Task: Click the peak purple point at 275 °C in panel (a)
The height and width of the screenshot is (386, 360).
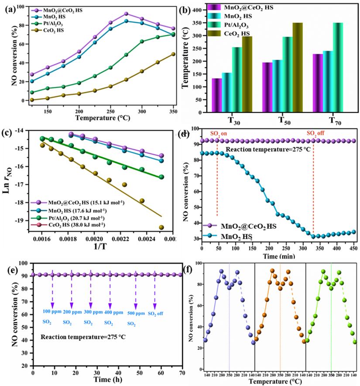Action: (x=126, y=14)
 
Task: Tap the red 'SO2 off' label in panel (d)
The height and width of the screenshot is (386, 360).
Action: (x=314, y=133)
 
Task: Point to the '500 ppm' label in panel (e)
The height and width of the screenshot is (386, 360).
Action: (x=136, y=313)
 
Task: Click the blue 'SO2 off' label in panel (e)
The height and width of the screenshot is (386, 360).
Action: (x=155, y=313)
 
